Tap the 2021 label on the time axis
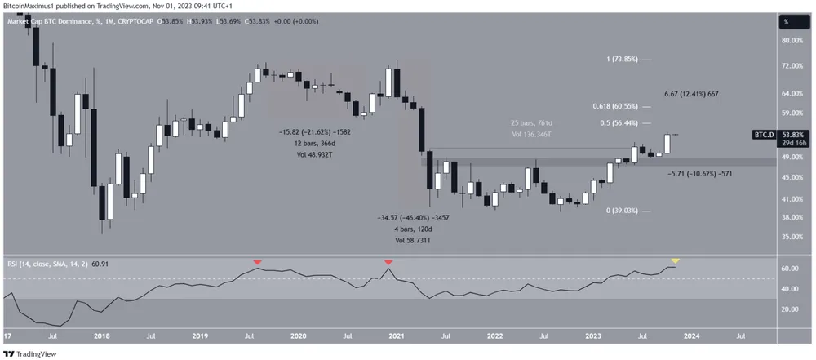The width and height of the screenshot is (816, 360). click(397, 335)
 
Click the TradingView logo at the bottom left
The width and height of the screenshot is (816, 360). click(31, 353)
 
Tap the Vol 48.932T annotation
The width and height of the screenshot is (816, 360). click(316, 153)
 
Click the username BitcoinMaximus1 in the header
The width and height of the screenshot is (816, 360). click(35, 5)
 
